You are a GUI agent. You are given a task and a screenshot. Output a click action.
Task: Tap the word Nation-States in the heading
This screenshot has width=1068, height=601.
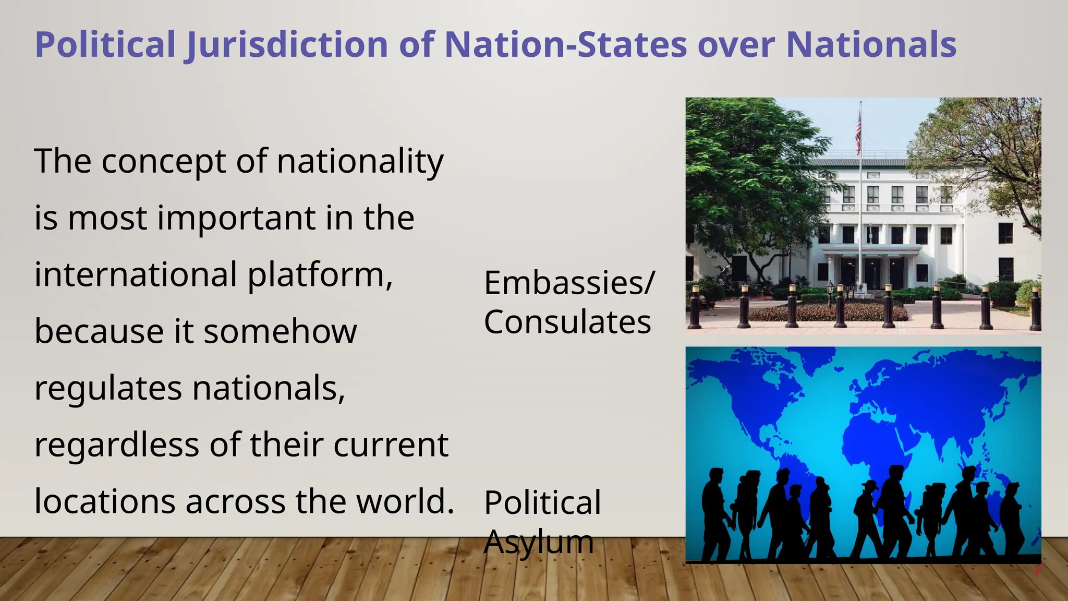(x=565, y=45)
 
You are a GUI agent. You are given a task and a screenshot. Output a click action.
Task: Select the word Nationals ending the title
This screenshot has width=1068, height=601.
(x=871, y=45)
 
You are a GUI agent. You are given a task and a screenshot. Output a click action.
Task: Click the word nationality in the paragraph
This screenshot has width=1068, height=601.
(x=360, y=162)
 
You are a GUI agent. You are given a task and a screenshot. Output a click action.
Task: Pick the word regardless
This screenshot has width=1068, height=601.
(x=117, y=446)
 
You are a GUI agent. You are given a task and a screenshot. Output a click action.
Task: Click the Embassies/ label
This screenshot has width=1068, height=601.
(x=569, y=283)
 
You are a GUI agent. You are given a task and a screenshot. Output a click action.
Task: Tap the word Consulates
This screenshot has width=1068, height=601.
(x=567, y=322)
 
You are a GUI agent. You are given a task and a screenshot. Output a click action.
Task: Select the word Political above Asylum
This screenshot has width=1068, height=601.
(x=542, y=503)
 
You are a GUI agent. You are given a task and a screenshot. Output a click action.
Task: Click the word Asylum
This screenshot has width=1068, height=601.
(x=539, y=542)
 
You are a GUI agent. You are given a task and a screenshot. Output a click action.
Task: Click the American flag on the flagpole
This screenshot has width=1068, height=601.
(x=858, y=133)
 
